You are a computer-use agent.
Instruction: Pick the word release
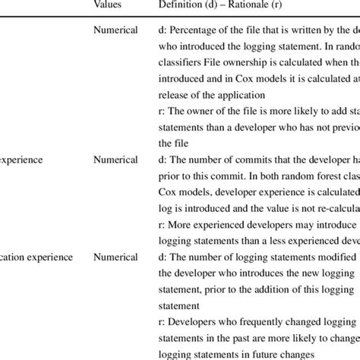pyautogui.click(x=175, y=96)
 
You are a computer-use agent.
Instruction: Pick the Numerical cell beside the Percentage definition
pyautogui.click(x=115, y=31)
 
